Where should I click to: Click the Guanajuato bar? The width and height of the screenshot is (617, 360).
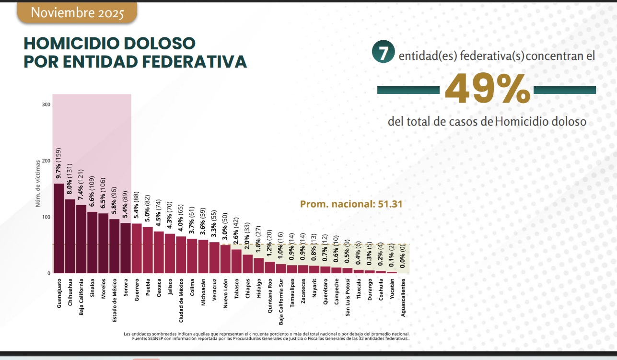[58, 228]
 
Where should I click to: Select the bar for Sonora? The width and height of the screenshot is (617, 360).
[125, 248]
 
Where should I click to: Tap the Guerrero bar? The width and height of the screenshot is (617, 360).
[136, 248]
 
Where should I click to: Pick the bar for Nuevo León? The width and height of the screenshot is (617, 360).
[225, 259]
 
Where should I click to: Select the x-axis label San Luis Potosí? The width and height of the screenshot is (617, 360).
[348, 297]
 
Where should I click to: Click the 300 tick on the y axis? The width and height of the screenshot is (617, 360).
[47, 105]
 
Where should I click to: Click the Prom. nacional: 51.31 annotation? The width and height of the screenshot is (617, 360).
[351, 204]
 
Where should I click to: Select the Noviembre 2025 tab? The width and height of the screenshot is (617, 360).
[77, 13]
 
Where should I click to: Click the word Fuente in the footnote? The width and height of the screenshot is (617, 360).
[140, 339]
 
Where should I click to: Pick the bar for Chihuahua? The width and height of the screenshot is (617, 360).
[70, 236]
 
